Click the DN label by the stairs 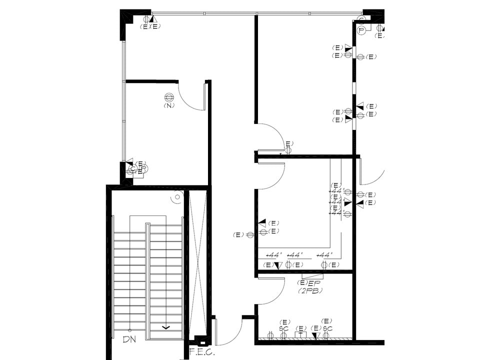point(129,339)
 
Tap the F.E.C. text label point(202,352)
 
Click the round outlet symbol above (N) point(169,97)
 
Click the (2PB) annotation point(310,290)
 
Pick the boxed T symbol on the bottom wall point(300,335)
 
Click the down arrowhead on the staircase point(166,327)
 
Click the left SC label point(284,328)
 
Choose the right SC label point(327,328)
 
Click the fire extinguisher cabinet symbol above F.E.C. point(201,341)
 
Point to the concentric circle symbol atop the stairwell point(177,197)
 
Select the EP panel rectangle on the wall point(312,275)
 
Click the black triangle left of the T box point(315,335)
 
